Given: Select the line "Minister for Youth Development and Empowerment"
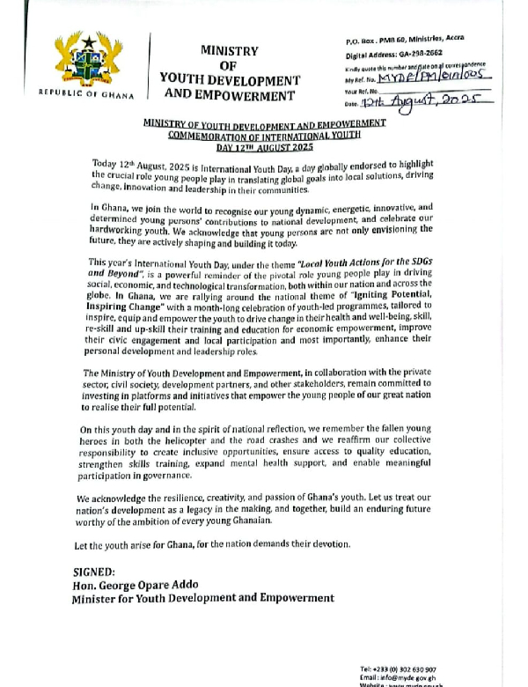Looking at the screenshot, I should (x=203, y=598).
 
